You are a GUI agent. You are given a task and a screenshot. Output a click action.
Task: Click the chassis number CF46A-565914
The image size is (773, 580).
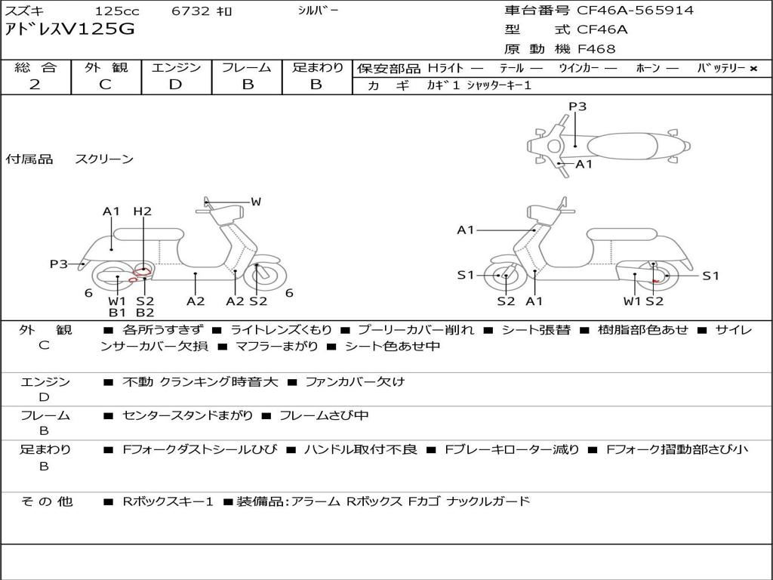635,11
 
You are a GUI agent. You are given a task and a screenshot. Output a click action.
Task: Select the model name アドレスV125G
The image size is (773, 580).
69,29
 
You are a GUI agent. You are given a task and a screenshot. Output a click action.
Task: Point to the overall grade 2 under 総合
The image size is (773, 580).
35,85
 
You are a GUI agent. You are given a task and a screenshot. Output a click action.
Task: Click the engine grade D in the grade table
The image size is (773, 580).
175,85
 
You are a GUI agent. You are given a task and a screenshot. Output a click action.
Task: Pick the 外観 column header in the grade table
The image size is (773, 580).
106,67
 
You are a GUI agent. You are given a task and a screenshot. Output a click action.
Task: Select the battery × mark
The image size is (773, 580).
753,69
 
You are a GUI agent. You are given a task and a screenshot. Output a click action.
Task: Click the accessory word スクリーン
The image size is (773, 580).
104,159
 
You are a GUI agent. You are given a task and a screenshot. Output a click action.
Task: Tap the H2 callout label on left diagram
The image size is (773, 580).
142,211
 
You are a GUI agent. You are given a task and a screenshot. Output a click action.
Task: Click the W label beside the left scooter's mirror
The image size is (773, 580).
256,201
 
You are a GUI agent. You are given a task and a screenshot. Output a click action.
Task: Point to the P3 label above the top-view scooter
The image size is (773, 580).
577,106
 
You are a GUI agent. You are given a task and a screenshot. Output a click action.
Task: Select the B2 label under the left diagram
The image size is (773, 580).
145,312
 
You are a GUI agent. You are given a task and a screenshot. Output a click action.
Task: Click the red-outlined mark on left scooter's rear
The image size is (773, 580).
142,270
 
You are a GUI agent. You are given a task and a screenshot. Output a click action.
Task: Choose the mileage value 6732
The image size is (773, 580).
190,11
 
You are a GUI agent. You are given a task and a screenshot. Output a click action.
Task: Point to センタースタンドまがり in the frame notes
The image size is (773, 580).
187,416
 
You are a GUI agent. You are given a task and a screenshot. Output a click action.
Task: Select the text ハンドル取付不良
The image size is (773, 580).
360,449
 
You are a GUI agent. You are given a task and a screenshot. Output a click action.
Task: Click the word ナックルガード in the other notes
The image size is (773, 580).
488,501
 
